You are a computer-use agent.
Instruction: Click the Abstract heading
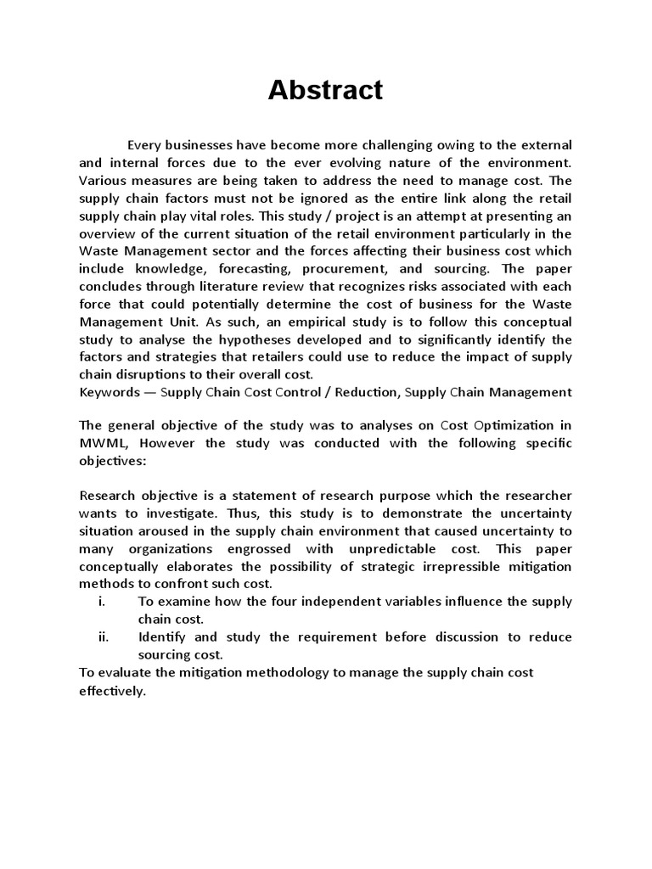[325, 90]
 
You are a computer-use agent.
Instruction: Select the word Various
[104, 180]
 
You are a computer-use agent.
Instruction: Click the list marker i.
[103, 602]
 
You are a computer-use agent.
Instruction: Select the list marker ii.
[104, 637]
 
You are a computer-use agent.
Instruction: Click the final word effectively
[113, 691]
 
